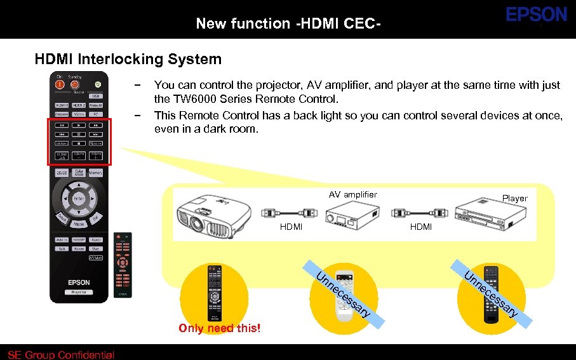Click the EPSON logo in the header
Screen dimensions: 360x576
click(536, 15)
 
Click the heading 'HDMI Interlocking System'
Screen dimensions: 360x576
click(128, 60)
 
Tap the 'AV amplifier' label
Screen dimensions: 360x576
click(353, 194)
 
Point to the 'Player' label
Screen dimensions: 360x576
click(514, 198)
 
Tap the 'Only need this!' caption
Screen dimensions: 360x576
click(220, 328)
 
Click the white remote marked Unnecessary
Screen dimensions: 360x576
click(344, 296)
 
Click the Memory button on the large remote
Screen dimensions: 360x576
click(95, 173)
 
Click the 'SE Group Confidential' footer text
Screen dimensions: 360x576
click(61, 355)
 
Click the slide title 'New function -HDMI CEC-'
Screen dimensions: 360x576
click(288, 24)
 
